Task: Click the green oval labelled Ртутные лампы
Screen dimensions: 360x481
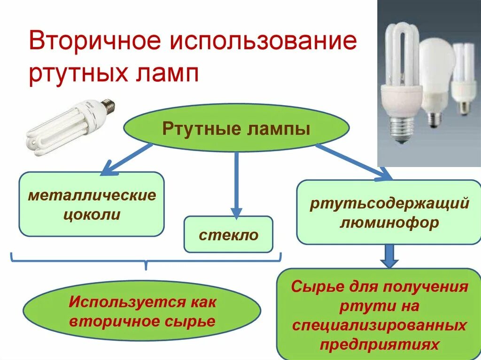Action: (x=236, y=128)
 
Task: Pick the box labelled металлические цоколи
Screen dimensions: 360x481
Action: (x=91, y=204)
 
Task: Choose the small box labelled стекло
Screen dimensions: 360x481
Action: (x=228, y=234)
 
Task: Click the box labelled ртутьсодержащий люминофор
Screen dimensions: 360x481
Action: (x=389, y=212)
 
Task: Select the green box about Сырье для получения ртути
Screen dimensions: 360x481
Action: (x=379, y=315)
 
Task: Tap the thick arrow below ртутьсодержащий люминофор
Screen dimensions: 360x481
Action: (x=389, y=256)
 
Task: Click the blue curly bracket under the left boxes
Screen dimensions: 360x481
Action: (x=146, y=260)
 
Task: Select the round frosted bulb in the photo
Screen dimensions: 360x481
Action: (x=436, y=66)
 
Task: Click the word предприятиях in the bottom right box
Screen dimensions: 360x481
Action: (x=379, y=345)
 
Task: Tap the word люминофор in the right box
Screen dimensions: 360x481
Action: (x=389, y=222)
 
